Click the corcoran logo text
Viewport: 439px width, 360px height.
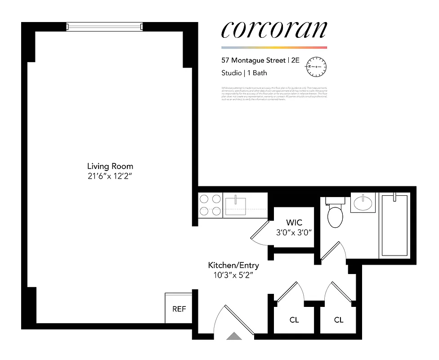(274, 30)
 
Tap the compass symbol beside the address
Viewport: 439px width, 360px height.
(316, 66)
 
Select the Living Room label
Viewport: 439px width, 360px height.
(110, 166)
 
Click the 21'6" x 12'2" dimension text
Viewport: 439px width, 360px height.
(110, 176)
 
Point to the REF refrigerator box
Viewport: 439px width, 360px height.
(179, 309)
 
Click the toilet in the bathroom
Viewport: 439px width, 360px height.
(335, 215)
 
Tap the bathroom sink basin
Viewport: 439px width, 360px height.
(363, 203)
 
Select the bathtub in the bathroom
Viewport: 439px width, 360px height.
(394, 226)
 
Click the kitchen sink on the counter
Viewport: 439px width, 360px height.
(236, 205)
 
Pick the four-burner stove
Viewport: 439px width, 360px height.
(210, 204)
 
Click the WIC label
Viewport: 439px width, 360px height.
(294, 223)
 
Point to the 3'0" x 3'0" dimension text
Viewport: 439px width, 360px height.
(294, 233)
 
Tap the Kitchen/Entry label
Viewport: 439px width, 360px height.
(233, 265)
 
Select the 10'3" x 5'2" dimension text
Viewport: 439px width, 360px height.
(233, 275)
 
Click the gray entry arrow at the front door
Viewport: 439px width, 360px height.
(234, 336)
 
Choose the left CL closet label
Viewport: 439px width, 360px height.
(294, 320)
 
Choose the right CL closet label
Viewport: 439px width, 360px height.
(339, 320)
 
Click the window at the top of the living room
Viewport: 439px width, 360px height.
(104, 27)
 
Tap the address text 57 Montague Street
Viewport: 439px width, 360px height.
(253, 60)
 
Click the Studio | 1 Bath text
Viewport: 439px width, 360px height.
(244, 73)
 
